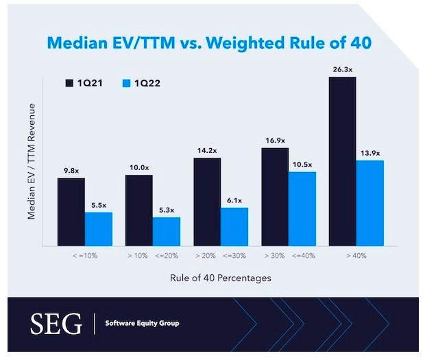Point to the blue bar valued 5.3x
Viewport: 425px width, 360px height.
coord(166,231)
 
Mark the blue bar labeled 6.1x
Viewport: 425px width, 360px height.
coord(234,226)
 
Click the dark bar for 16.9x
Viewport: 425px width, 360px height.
coord(275,196)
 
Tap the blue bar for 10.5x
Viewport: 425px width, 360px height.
coord(302,208)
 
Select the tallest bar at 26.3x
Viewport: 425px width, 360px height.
coord(343,161)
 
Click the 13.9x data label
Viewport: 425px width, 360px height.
coord(370,152)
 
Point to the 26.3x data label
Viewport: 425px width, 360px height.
coord(343,69)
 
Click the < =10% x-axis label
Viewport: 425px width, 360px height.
coord(84,256)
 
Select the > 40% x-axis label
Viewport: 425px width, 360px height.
coord(356,256)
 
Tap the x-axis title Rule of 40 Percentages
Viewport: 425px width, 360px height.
coord(221,278)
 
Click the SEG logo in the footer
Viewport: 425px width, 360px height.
coord(57,322)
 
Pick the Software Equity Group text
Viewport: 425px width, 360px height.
coord(142,323)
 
